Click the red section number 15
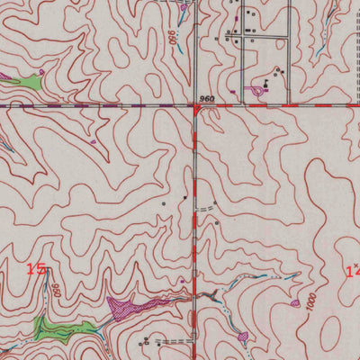pyautogui.click(x=36, y=268)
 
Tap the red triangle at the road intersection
pyautogui.click(x=197, y=108)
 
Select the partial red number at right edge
pyautogui.click(x=353, y=270)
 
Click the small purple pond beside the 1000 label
pyautogui.click(x=295, y=303)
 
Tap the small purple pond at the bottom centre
pyautogui.click(x=243, y=337)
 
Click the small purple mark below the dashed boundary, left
pyautogui.click(x=93, y=141)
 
